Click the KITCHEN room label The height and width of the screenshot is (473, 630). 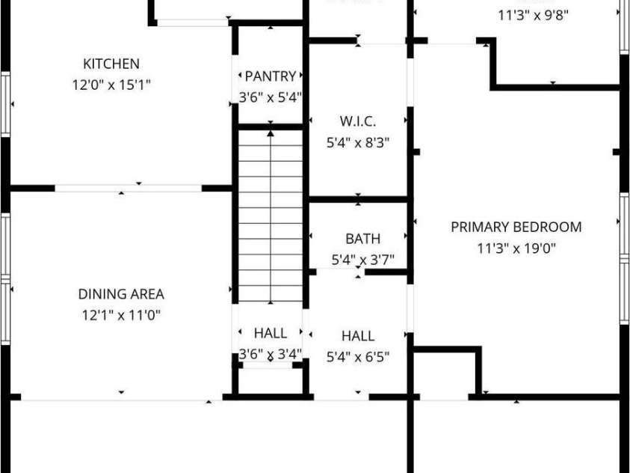pyautogui.click(x=111, y=64)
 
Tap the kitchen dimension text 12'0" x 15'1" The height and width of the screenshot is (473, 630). pyautogui.click(x=111, y=85)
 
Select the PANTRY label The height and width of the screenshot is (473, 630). pyautogui.click(x=270, y=76)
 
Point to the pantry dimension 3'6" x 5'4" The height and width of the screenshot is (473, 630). pyautogui.click(x=270, y=97)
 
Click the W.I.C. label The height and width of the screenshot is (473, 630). pyautogui.click(x=357, y=121)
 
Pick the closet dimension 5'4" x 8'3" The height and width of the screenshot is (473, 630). pyautogui.click(x=358, y=141)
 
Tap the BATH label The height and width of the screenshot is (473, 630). pyautogui.click(x=362, y=239)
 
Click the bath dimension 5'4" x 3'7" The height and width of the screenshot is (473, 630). pyautogui.click(x=362, y=260)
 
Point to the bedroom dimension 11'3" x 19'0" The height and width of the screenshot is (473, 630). pyautogui.click(x=516, y=248)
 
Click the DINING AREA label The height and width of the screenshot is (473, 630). pyautogui.click(x=121, y=295)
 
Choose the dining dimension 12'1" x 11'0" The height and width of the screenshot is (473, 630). pyautogui.click(x=121, y=315)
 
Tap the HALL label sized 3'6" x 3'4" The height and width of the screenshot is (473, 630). pyautogui.click(x=270, y=333)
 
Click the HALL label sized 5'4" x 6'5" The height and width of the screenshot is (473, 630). pyautogui.click(x=358, y=336)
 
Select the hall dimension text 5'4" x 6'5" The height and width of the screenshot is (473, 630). pyautogui.click(x=358, y=356)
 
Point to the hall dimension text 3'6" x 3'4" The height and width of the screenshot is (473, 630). pyautogui.click(x=270, y=353)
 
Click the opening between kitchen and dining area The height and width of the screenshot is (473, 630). pyautogui.click(x=128, y=188)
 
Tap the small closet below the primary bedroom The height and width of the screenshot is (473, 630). pyautogui.click(x=444, y=372)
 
